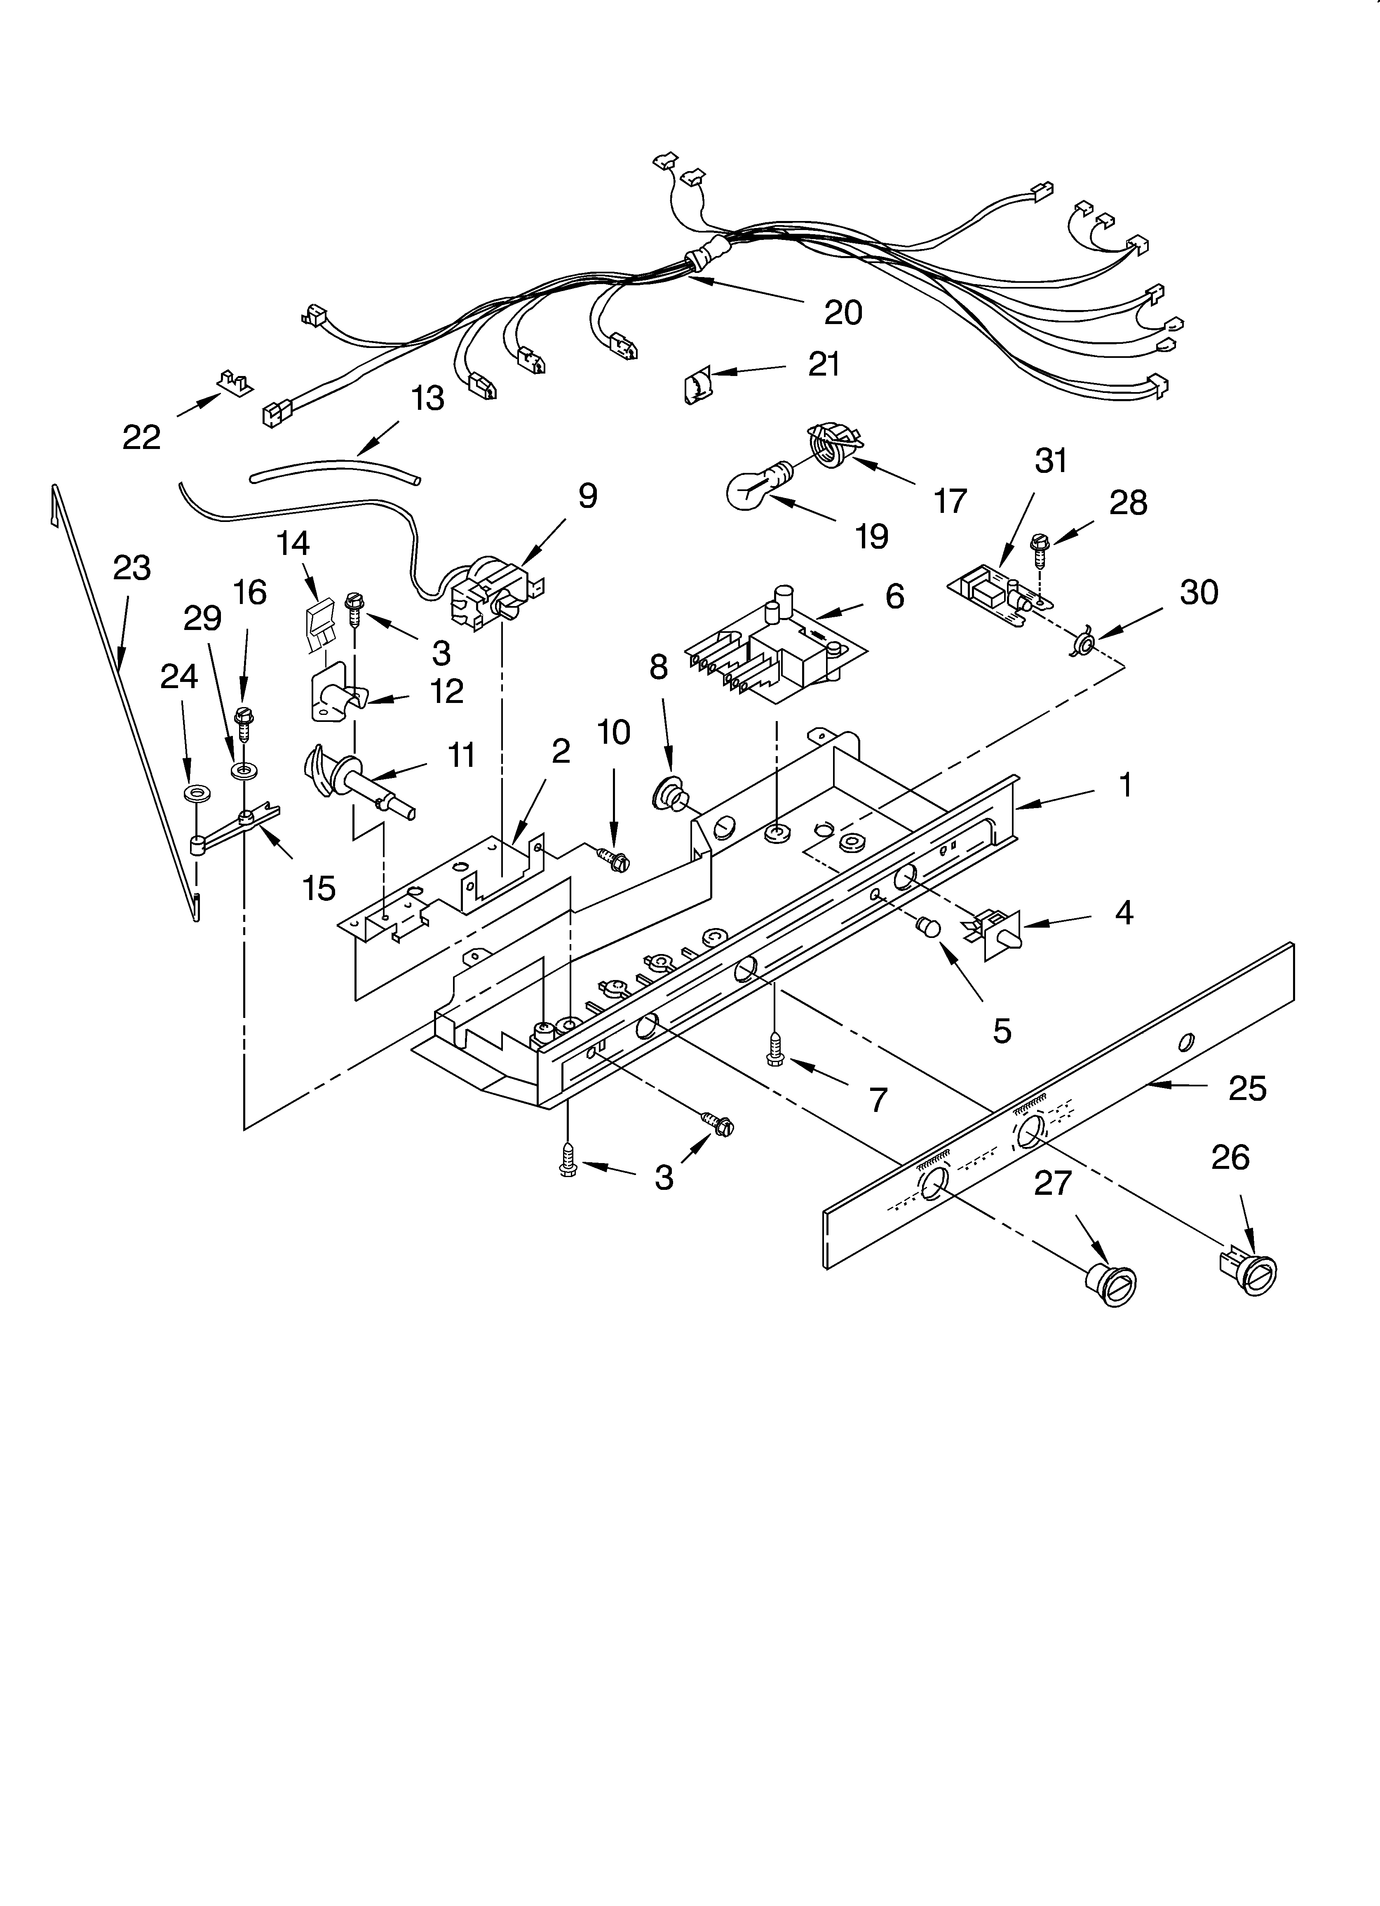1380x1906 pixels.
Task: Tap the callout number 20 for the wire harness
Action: click(843, 313)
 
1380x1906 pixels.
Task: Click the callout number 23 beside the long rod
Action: click(132, 569)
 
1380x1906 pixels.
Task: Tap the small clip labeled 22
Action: click(234, 382)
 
